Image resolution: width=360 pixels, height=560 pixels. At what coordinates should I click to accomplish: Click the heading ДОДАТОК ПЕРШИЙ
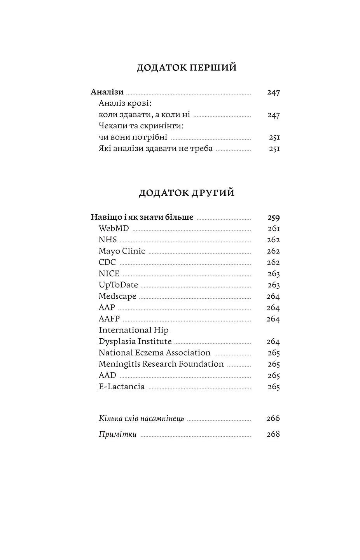coord(187,68)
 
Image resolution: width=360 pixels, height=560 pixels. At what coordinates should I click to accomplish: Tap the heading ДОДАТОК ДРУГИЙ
coord(187,193)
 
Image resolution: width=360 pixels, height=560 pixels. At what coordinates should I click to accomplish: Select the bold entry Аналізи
coord(107,92)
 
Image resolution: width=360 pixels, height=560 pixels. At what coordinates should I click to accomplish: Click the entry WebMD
coord(114,229)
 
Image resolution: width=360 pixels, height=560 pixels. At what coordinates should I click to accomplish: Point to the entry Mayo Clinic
coord(122,251)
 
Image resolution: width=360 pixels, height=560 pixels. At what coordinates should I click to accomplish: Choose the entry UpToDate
coord(118,285)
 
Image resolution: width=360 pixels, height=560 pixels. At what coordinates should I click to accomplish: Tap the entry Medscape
coord(117,296)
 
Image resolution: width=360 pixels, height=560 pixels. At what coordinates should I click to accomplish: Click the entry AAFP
coord(109,319)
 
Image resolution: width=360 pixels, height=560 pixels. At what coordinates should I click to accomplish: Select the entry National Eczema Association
coord(154,353)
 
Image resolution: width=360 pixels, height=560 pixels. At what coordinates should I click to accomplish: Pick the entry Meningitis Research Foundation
coord(161,364)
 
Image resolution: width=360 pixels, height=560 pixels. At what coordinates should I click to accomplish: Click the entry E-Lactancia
coord(122,387)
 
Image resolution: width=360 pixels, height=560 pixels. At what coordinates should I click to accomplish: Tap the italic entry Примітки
coord(118,434)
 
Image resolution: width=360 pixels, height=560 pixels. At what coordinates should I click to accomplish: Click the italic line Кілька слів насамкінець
coord(142,419)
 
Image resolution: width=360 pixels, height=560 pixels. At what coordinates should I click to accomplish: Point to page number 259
coord(273,218)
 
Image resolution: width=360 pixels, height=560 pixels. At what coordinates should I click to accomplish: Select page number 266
coord(273,418)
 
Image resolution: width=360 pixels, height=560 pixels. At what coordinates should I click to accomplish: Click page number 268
coord(273,434)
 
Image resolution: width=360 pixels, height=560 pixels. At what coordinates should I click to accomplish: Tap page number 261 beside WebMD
coord(274,229)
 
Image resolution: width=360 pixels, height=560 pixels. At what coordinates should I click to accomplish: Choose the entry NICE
coord(109,274)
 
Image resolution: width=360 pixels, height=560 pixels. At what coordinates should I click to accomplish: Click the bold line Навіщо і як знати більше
coord(142,217)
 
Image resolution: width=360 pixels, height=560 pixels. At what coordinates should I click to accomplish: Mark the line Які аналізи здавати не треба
coord(156,149)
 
